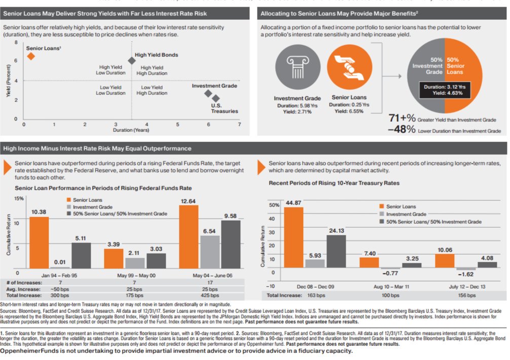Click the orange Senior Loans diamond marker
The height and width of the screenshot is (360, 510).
[x=30, y=56]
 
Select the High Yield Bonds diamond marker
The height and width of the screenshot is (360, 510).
[x=131, y=60]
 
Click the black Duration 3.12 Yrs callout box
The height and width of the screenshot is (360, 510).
[x=444, y=90]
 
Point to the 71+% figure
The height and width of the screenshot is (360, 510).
[x=403, y=119]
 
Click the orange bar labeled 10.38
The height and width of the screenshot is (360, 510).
[x=39, y=242]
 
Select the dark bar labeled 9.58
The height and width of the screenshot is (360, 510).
[x=230, y=244]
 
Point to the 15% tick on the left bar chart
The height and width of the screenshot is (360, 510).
[x=18, y=198]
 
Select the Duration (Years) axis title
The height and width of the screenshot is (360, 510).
[x=131, y=130]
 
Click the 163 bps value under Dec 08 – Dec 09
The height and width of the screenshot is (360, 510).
[x=317, y=295]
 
